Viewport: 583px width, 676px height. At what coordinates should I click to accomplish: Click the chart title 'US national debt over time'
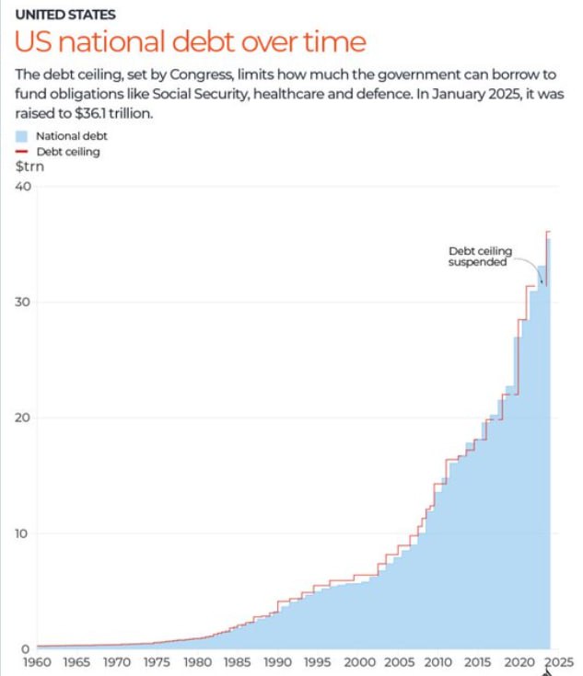(190, 42)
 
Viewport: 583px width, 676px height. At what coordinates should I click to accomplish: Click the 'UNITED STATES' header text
(64, 15)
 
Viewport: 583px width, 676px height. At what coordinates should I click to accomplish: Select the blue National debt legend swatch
(22, 136)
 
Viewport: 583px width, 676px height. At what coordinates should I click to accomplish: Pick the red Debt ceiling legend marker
(22, 152)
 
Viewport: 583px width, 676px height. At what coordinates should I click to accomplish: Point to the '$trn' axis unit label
(29, 166)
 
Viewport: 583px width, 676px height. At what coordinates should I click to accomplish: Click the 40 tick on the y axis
(23, 187)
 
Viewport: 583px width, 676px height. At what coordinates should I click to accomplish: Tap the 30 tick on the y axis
(23, 303)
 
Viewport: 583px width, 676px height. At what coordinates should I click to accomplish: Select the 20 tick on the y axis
(23, 418)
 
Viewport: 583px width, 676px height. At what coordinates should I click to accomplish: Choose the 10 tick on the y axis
(23, 533)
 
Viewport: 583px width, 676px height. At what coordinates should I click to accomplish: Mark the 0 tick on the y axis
(27, 648)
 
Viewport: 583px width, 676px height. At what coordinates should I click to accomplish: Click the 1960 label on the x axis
(37, 662)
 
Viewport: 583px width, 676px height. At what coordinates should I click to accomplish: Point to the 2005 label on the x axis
(399, 662)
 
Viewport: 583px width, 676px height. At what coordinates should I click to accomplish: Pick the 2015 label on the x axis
(476, 662)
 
